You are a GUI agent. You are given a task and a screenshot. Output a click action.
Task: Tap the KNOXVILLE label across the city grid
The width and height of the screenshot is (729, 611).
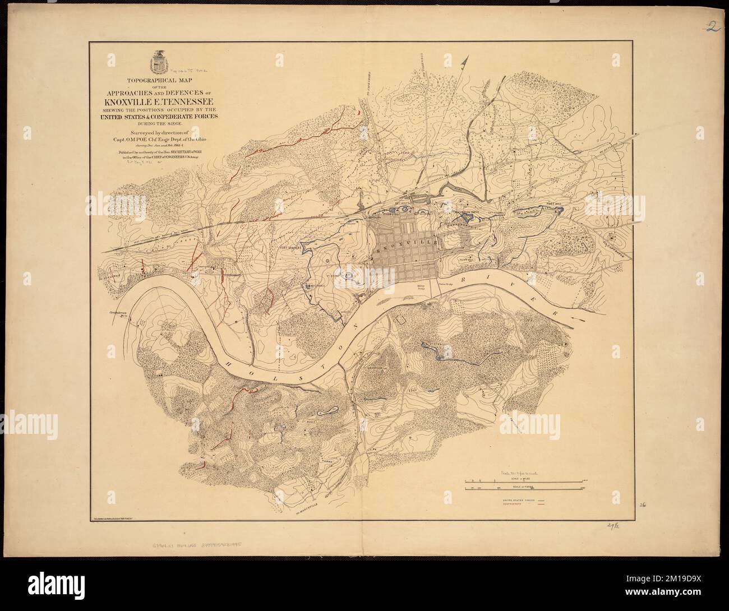pyautogui.click(x=408, y=251)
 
